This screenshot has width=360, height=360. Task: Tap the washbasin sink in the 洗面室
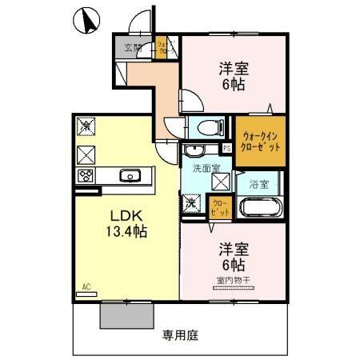194,150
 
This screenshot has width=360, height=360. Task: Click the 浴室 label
258,184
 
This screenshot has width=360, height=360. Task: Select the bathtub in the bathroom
258,208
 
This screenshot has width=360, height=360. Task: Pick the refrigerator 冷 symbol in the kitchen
86,126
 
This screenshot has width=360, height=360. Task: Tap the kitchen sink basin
129,175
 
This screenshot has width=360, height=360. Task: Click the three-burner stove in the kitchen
86,175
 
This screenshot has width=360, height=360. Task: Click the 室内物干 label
230,279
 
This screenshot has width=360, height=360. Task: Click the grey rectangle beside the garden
126,315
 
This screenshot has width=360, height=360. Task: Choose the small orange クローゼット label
218,209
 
